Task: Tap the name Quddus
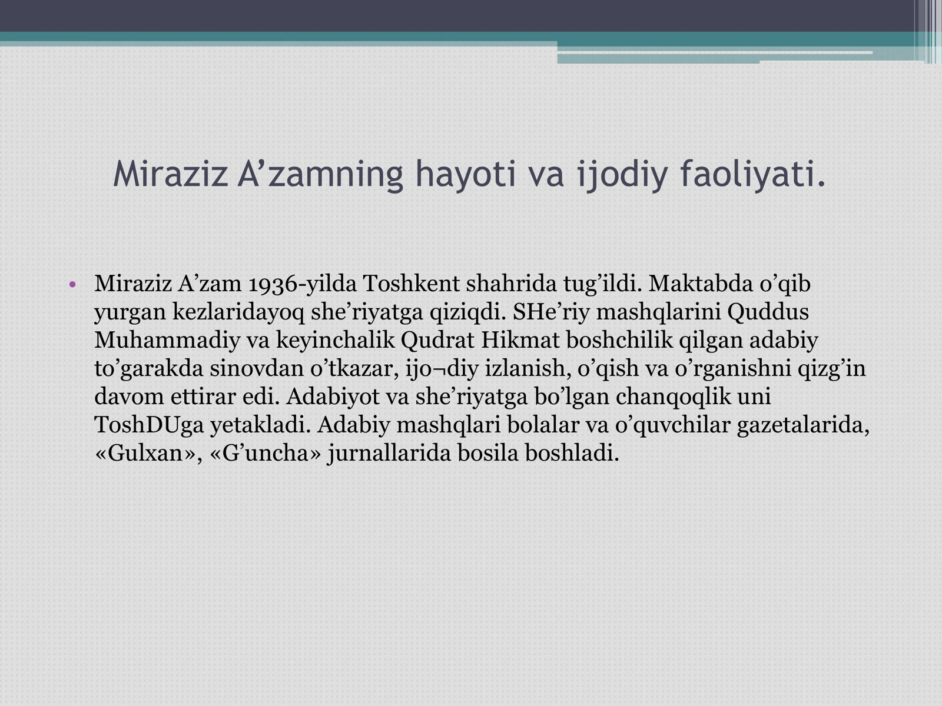(x=768, y=312)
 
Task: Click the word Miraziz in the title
(x=170, y=175)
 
